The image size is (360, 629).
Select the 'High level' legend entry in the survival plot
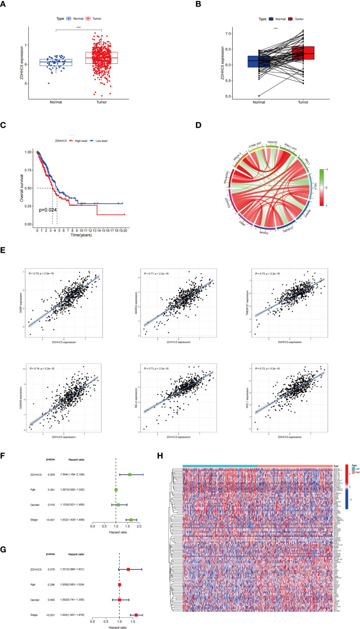click(66, 130)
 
